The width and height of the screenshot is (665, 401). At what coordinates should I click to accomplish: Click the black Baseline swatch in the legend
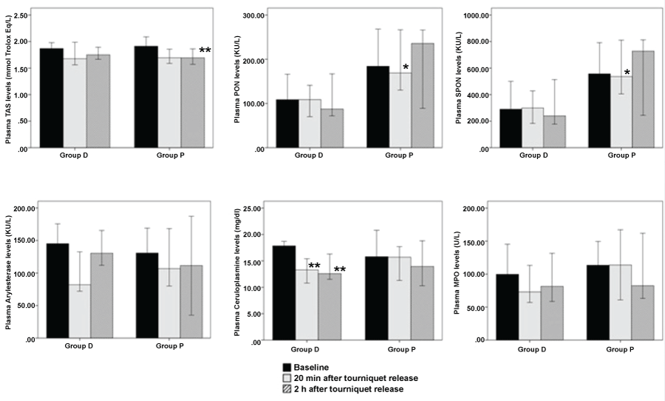point(287,366)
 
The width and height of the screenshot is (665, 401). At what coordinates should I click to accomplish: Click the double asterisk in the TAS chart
point(205,51)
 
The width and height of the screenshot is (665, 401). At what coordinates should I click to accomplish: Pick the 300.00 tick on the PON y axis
point(252,15)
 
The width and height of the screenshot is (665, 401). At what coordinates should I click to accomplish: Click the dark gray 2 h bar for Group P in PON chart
point(423,95)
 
